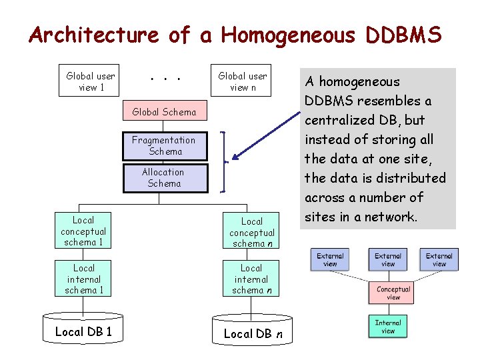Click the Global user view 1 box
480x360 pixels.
91,82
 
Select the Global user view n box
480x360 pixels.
243,82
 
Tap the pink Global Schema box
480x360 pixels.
165,112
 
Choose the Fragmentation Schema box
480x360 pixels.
164,145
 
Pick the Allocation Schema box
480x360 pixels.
164,177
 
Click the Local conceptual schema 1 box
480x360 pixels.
83,231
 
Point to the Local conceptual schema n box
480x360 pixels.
252,232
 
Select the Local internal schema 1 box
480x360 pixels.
83,279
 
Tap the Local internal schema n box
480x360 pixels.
252,279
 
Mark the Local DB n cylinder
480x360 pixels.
251,333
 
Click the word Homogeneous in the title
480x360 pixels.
288,35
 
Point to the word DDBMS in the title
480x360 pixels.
403,35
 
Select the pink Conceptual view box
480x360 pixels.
393,293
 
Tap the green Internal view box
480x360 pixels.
388,327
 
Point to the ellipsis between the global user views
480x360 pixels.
164,79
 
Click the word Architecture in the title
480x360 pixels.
93,35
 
